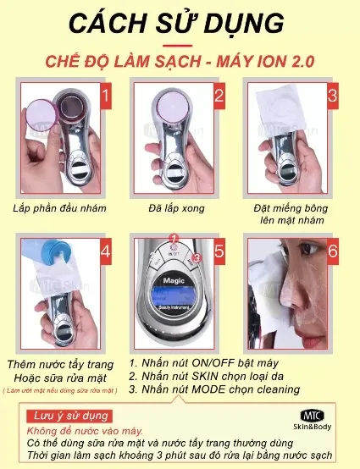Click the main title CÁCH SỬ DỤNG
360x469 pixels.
point(180,20)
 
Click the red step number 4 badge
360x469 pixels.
point(105,251)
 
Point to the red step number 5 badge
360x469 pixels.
point(219,251)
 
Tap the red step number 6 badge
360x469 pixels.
point(333,251)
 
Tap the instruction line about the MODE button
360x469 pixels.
point(213,389)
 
